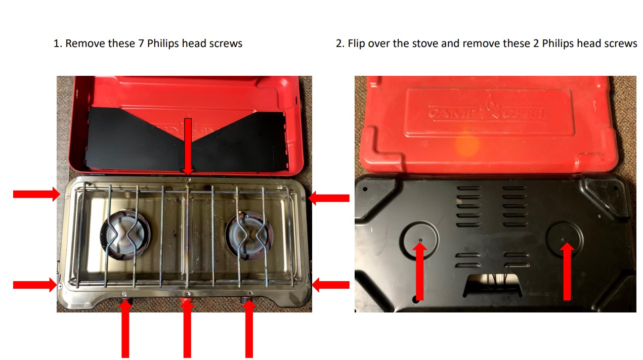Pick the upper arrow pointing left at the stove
coord(329,198)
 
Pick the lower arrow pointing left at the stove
coord(330,285)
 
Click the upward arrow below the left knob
coord(124,329)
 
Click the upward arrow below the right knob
coord(248,329)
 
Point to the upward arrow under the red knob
coord(187,331)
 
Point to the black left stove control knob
coord(126,302)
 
